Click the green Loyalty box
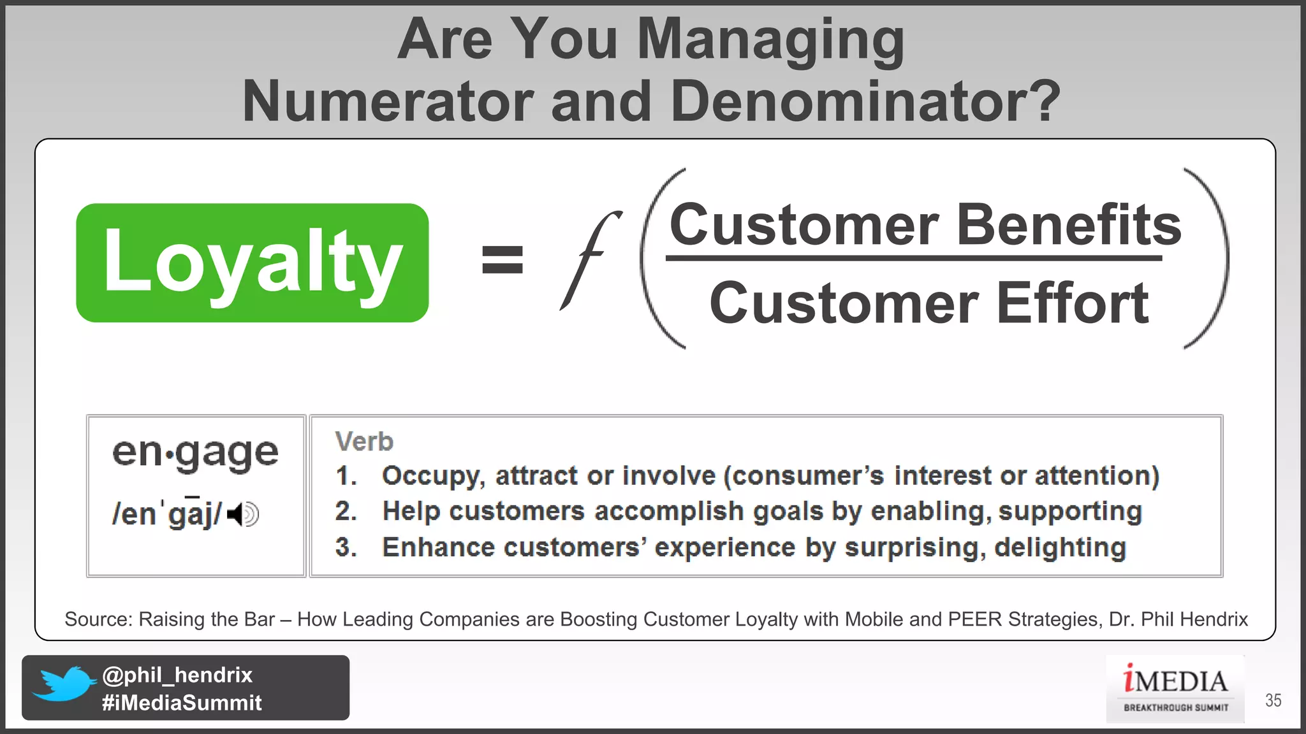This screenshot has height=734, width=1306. (252, 263)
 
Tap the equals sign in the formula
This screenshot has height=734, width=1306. (503, 260)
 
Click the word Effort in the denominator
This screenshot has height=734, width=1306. (1072, 303)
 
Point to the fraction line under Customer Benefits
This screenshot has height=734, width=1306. (913, 258)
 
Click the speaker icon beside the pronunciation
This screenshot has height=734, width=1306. (244, 514)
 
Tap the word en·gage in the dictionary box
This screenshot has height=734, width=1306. (195, 453)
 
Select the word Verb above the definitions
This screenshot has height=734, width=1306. (364, 442)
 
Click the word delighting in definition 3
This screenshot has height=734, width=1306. (1060, 547)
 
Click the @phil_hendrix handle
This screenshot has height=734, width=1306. (177, 675)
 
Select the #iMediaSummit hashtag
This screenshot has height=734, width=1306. (182, 703)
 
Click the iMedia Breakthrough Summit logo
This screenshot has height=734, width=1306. (1175, 688)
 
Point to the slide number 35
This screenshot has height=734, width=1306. (1273, 700)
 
